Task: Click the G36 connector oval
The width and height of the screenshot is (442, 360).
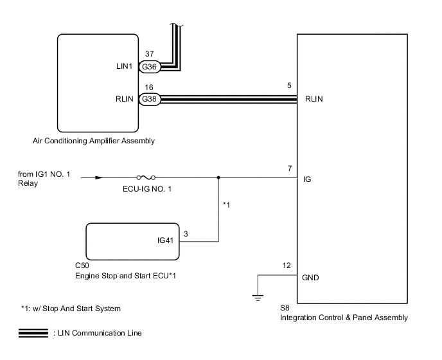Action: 150,67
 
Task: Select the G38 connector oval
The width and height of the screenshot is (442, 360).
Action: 150,99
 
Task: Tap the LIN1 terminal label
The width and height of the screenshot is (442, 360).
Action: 124,66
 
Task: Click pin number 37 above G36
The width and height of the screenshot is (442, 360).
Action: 150,53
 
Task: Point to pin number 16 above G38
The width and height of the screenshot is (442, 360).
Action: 149,87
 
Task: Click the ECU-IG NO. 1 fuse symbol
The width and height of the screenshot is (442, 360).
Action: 146,177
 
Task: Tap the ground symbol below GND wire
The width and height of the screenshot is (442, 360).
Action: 258,298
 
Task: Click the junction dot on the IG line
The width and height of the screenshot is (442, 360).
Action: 218,177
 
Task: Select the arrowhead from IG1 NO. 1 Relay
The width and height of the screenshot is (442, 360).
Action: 99,177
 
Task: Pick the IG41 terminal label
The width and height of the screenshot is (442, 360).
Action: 165,240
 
